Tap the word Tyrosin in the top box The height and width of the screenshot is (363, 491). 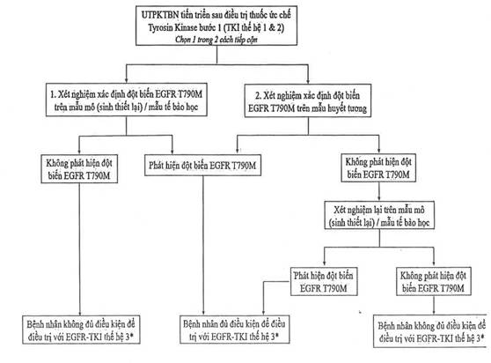click(x=160, y=27)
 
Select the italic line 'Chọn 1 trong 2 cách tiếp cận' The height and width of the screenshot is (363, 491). click(x=216, y=40)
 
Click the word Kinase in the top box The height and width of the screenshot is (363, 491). click(x=186, y=27)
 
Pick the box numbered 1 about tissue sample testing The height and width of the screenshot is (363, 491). click(x=127, y=100)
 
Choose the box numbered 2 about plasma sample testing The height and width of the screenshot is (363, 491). click(x=308, y=100)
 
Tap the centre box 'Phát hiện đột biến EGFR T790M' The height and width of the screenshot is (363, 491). click(x=202, y=165)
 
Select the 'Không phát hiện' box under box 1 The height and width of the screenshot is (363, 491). click(x=79, y=168)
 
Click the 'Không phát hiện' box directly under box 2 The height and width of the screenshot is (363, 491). click(x=378, y=167)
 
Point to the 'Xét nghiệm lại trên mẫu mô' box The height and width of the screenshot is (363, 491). click(x=379, y=215)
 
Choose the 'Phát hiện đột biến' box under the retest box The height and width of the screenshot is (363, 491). click(x=324, y=281)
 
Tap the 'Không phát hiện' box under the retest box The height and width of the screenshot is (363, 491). click(x=434, y=281)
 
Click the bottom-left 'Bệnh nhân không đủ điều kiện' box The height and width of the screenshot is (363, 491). click(x=81, y=330)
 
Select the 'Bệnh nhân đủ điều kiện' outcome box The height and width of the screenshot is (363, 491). click(x=235, y=330)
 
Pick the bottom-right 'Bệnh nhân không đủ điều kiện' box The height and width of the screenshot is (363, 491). click(x=432, y=331)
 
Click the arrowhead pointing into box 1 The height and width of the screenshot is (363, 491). click(x=126, y=79)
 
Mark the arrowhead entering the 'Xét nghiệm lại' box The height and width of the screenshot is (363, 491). click(x=379, y=198)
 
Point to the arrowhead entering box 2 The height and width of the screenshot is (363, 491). click(x=308, y=80)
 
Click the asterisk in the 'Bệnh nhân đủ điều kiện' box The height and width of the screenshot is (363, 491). click(x=277, y=336)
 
